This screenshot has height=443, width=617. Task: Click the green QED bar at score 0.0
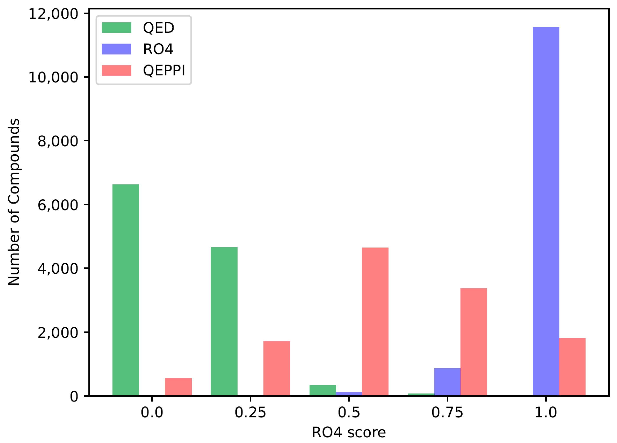tap(125, 290)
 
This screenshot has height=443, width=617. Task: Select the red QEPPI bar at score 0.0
tap(178, 387)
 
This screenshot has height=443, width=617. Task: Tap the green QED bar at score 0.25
tap(224, 321)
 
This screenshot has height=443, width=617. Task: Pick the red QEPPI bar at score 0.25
tap(276, 368)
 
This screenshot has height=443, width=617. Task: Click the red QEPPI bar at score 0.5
tap(375, 321)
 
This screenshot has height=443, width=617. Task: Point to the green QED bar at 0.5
tap(323, 390)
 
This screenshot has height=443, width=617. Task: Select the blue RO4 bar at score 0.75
tap(447, 382)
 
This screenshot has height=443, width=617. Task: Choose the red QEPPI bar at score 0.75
tap(474, 342)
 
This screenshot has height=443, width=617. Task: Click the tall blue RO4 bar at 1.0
tap(546, 211)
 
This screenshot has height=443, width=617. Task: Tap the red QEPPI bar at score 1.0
tap(572, 367)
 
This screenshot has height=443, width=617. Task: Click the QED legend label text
tap(159, 28)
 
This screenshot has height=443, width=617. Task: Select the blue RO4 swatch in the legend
tap(116, 49)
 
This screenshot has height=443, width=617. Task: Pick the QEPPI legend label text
tap(164, 71)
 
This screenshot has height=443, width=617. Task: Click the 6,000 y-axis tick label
tap(58, 205)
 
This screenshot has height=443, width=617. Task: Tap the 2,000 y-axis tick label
tap(58, 332)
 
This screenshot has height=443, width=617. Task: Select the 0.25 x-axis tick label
tap(250, 412)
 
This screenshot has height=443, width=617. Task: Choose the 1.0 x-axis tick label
tap(546, 412)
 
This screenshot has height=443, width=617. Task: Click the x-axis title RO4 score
tap(349, 432)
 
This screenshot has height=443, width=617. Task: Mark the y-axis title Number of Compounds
tap(14, 202)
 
